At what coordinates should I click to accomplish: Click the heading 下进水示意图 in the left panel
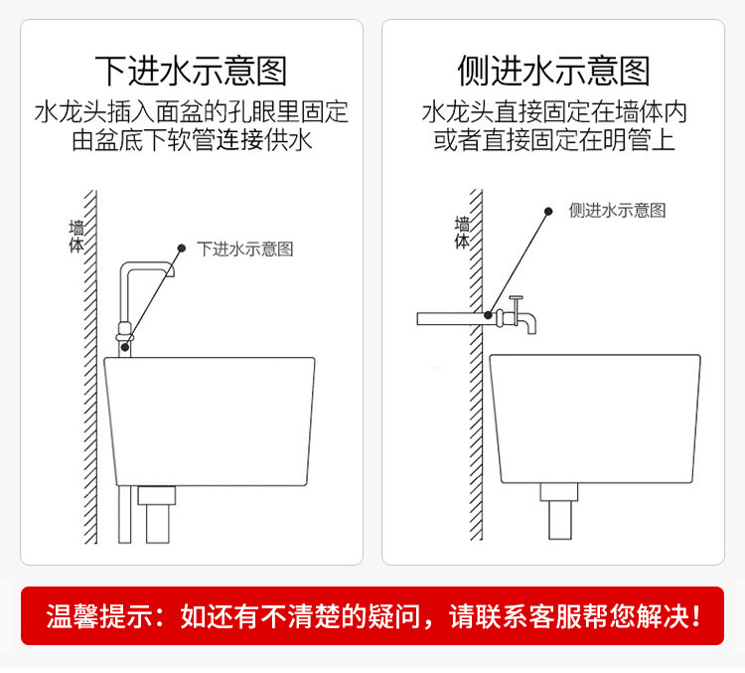click(191, 72)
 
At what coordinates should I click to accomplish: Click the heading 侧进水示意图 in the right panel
click(553, 72)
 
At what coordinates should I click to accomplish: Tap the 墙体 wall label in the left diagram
click(76, 237)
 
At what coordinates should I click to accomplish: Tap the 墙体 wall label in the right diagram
click(462, 233)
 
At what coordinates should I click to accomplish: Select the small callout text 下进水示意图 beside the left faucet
click(245, 249)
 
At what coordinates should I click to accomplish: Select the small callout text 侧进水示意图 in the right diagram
click(617, 211)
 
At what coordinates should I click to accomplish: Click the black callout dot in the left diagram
click(181, 248)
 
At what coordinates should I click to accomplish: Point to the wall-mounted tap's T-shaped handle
click(515, 300)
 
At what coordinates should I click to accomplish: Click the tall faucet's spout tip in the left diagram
click(172, 270)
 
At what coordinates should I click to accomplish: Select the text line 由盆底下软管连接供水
click(191, 140)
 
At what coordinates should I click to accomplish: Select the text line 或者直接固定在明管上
click(553, 140)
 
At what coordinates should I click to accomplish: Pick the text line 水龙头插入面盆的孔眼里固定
click(191, 110)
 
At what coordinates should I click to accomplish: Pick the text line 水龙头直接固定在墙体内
click(553, 110)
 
